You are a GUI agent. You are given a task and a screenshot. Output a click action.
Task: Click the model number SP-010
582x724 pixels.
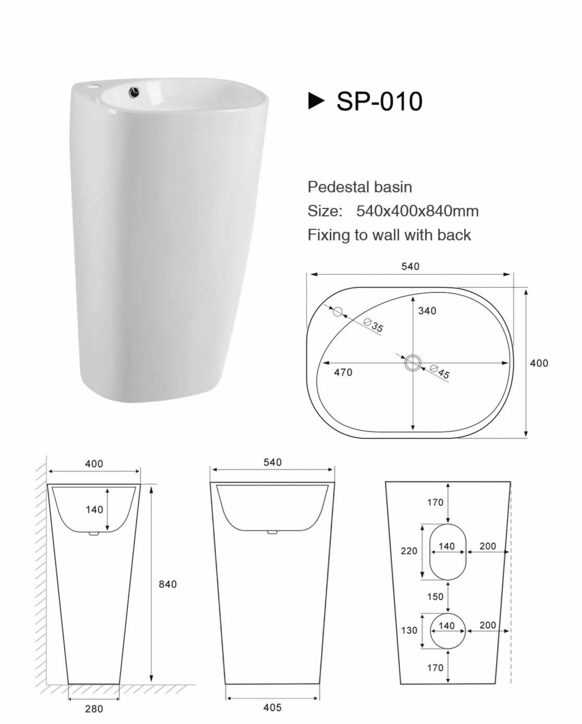pyautogui.click(x=379, y=101)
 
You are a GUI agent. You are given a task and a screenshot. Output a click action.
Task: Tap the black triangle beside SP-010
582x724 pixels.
pyautogui.click(x=316, y=101)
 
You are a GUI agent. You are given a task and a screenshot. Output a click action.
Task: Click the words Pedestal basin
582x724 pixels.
pyautogui.click(x=360, y=187)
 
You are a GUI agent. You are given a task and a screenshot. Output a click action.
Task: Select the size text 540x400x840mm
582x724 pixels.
pyautogui.click(x=417, y=211)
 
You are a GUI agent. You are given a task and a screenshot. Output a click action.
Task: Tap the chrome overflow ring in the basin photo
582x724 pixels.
pyautogui.click(x=135, y=92)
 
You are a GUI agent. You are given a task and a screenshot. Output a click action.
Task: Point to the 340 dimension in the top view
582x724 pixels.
pyautogui.click(x=427, y=311)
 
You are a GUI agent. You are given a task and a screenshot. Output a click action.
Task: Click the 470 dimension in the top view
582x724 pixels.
pyautogui.click(x=343, y=372)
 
